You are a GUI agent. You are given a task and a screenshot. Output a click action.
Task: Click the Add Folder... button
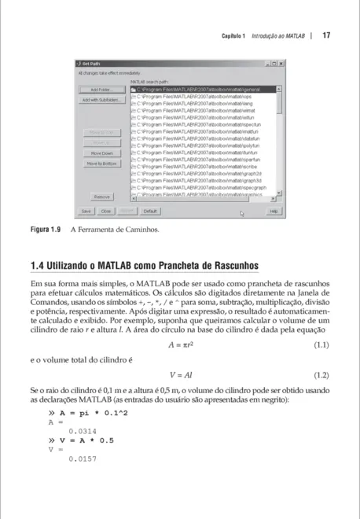click(x=102, y=90)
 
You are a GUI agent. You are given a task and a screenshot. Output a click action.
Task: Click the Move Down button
click(x=102, y=153)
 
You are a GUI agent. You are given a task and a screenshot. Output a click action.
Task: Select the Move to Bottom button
click(x=102, y=164)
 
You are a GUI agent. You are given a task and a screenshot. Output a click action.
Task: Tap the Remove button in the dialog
click(x=102, y=197)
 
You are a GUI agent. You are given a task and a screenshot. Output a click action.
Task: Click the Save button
click(x=86, y=211)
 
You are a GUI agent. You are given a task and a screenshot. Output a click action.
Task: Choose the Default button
click(x=150, y=211)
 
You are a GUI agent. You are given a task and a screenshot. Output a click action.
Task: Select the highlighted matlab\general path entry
click(x=204, y=90)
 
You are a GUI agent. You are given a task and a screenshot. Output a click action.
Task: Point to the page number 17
click(x=325, y=35)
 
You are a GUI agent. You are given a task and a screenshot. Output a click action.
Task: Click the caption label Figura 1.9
click(x=46, y=230)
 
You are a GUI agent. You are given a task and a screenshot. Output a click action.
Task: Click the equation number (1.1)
click(x=321, y=345)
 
